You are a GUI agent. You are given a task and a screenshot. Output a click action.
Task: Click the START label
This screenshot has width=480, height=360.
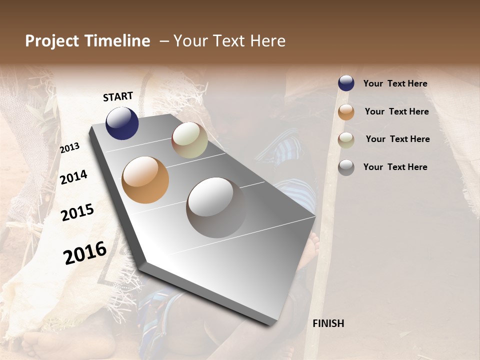(118, 96)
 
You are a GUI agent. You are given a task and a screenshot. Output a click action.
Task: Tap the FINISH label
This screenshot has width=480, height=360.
(328, 323)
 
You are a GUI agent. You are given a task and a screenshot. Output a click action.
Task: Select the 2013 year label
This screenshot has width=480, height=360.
(69, 148)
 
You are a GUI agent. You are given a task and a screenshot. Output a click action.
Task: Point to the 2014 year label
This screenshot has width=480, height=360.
(73, 177)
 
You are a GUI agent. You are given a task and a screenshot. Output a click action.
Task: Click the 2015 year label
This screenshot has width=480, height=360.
(77, 212)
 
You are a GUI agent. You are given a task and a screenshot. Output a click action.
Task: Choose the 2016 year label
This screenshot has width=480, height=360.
(85, 252)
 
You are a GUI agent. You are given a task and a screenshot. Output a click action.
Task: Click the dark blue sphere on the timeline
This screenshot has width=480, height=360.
(122, 123)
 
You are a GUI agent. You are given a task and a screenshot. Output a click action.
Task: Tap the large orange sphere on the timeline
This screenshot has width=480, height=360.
(145, 180)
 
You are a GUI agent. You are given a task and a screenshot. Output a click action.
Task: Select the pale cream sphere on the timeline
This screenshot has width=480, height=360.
(189, 140)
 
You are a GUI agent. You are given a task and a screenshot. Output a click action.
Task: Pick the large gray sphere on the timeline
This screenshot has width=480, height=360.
(216, 207)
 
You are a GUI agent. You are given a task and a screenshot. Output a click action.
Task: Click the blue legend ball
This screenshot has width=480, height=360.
(346, 83)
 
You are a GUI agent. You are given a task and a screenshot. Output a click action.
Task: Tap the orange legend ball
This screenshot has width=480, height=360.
(346, 112)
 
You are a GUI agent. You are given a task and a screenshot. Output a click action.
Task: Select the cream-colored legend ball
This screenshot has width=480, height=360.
(346, 140)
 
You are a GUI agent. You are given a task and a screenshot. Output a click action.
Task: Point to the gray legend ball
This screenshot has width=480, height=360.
(346, 167)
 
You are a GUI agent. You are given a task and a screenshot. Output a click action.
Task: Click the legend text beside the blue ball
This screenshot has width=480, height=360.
(395, 84)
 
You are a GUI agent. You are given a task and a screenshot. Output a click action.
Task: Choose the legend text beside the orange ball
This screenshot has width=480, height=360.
(396, 111)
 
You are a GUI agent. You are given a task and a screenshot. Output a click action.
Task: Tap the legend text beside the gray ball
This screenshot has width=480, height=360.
(395, 167)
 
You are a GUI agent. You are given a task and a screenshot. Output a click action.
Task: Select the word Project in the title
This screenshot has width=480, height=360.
(51, 41)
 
